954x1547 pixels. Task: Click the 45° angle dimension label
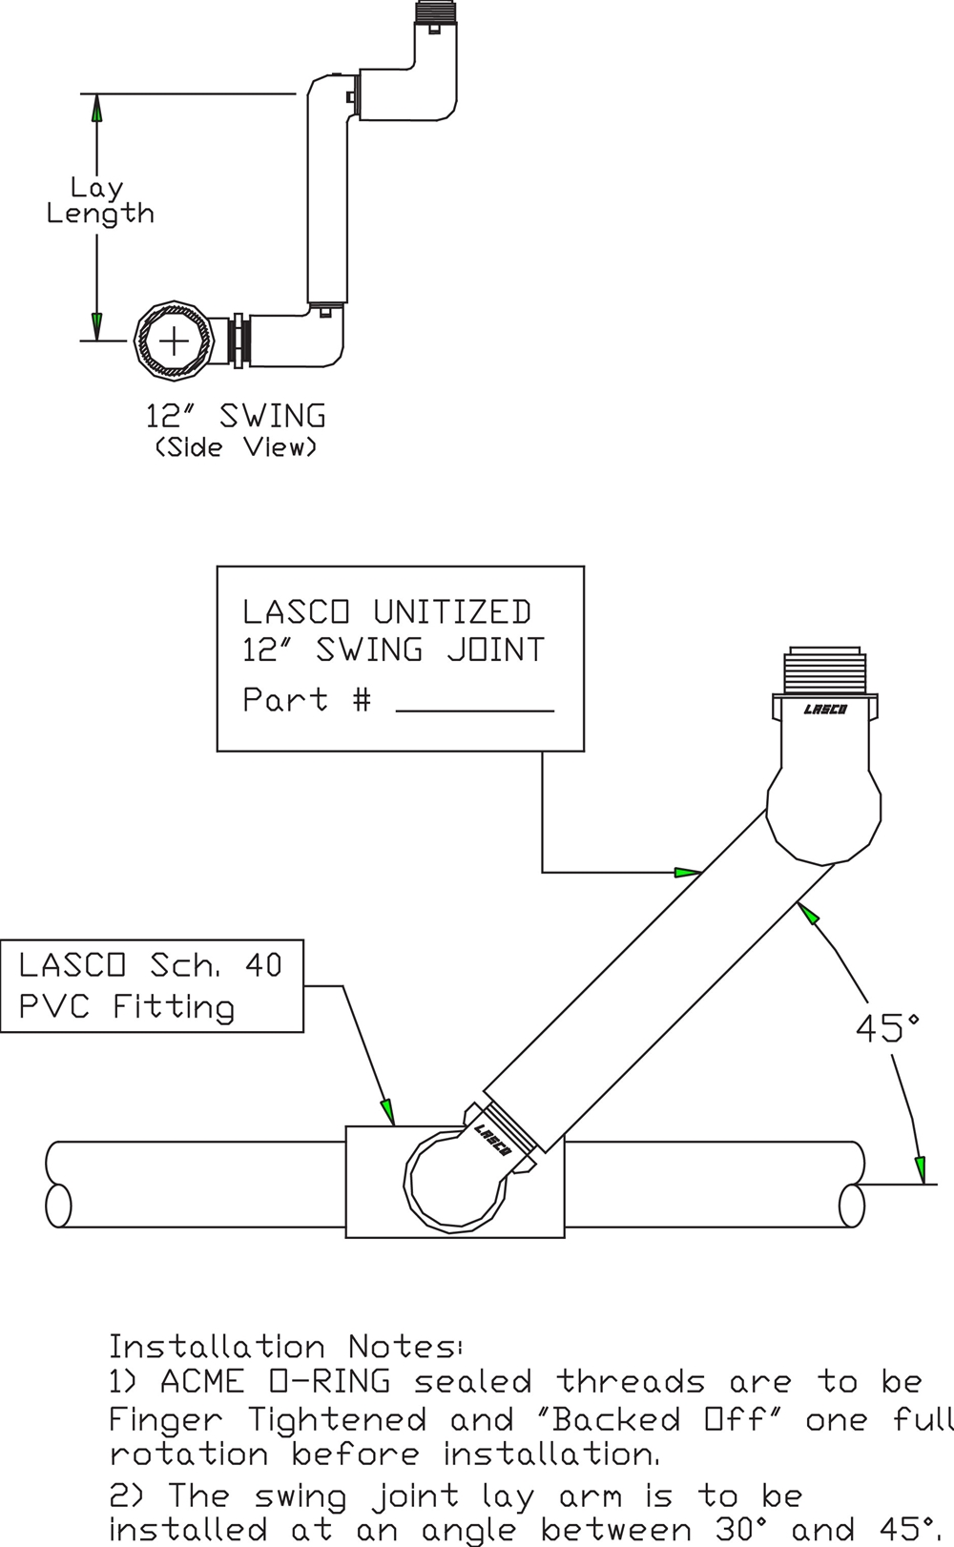[x=886, y=1028]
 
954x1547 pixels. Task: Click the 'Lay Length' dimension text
[x=99, y=200]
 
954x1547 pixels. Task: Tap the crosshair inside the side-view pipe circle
[x=173, y=340]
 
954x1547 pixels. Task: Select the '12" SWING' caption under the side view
[x=236, y=416]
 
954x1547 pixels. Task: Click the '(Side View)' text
[x=236, y=446]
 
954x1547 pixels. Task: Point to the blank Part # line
[x=474, y=708]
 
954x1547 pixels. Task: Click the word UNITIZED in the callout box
[x=452, y=611]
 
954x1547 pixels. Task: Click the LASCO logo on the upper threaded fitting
[x=825, y=710]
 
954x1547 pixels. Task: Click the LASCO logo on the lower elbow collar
[x=492, y=1139]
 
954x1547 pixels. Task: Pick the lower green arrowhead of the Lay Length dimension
[x=96, y=324]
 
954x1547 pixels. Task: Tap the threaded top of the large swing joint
[x=825, y=671]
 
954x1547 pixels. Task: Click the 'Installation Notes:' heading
[x=284, y=1347]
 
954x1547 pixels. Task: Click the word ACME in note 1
[x=201, y=1382]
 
